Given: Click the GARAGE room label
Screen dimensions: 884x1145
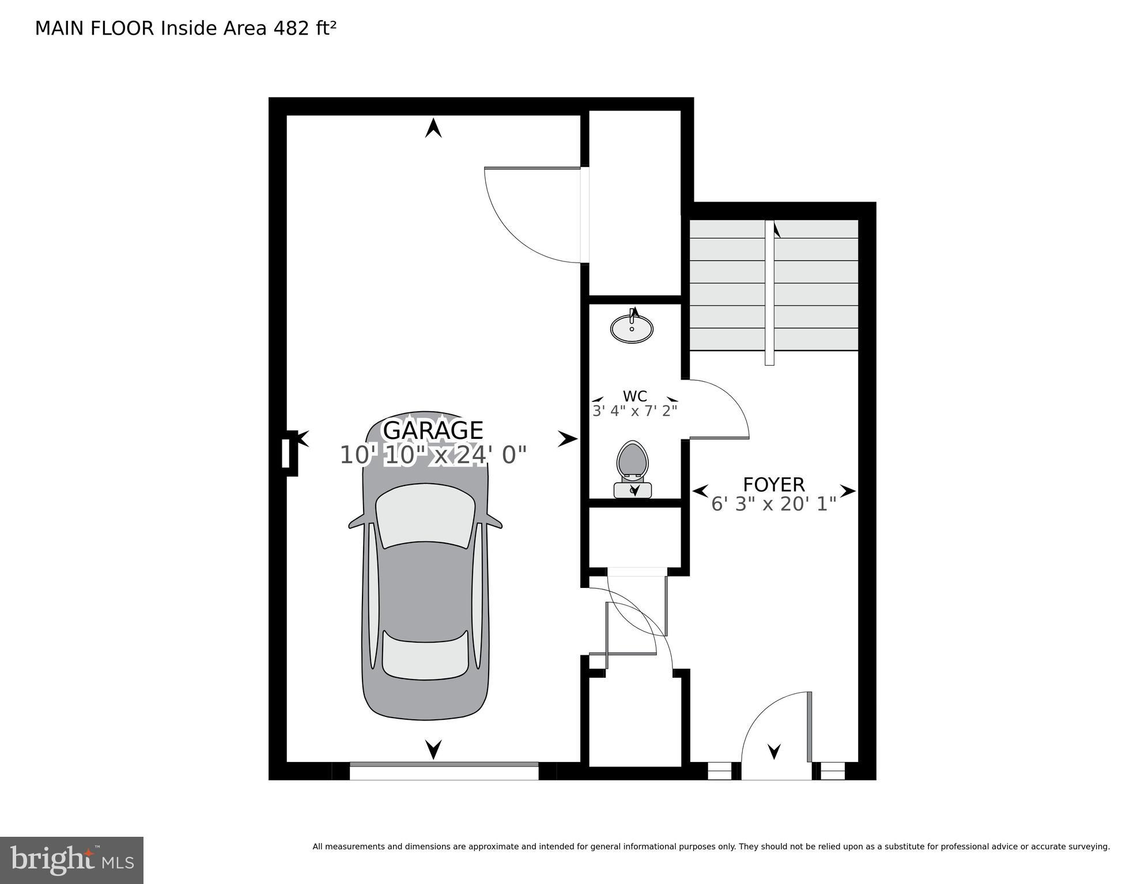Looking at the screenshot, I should click(433, 430).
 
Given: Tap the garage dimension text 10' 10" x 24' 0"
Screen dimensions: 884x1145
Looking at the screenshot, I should click(433, 455).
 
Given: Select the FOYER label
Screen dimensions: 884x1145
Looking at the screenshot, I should click(773, 484).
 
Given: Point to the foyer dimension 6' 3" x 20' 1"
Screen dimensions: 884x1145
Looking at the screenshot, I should click(773, 504).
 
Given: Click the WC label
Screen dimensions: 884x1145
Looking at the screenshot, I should click(634, 396).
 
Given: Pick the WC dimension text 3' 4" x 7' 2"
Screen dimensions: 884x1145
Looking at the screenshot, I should click(634, 411).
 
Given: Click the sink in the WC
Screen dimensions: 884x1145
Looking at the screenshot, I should click(632, 328).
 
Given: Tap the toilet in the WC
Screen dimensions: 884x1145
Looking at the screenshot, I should click(633, 466).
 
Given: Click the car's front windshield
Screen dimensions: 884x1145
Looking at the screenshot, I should click(425, 515).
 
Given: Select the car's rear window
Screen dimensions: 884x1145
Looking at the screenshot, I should click(425, 657).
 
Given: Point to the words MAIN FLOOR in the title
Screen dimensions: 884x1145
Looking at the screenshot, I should click(95, 28).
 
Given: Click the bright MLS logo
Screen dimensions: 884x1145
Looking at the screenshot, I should click(71, 860).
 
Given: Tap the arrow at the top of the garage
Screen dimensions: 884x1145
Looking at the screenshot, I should click(433, 128).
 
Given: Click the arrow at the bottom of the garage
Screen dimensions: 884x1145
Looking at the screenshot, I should click(433, 749).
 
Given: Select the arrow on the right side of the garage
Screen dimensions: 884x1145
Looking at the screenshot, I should click(567, 439).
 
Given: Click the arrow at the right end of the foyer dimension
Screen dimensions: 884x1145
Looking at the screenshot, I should click(848, 491).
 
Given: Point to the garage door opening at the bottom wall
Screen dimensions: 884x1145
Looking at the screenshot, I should click(444, 771).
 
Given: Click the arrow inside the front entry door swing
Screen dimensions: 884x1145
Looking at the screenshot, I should click(774, 751).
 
